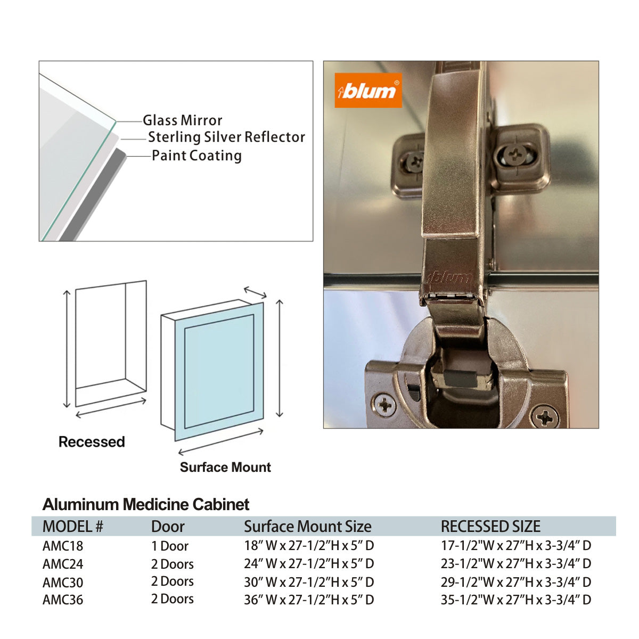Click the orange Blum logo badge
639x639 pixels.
click(x=368, y=91)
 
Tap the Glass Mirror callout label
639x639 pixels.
click(x=182, y=120)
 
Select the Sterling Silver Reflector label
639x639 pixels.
click(x=226, y=137)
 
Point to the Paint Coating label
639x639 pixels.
click(x=196, y=155)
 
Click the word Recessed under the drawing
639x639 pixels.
click(x=92, y=442)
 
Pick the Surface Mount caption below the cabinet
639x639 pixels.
click(x=225, y=468)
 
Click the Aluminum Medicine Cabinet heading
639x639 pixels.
click(x=146, y=504)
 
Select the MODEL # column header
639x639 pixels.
click(x=72, y=527)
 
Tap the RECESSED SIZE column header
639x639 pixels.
click(x=490, y=527)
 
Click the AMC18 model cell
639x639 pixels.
click(x=63, y=546)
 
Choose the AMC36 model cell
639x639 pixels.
click(x=63, y=600)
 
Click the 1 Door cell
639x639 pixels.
click(x=169, y=546)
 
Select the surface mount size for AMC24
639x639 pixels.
click(x=309, y=563)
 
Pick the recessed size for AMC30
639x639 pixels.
click(x=515, y=582)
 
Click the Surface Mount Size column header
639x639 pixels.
click(x=307, y=527)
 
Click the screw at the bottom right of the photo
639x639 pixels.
click(x=545, y=416)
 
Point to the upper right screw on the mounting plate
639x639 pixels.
click(x=515, y=156)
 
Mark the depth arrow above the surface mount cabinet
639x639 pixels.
click(x=255, y=292)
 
